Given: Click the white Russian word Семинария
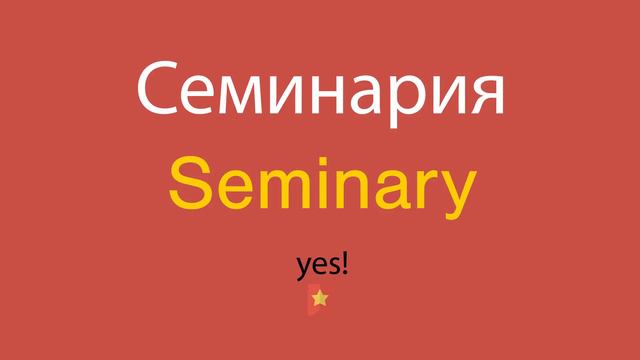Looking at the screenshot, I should coord(320,90).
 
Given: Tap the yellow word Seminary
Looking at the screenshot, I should coord(319,185).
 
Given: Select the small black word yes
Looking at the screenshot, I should coord(317,267).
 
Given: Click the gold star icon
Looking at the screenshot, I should coord(319,298).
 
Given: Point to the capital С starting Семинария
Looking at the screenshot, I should coord(160,90).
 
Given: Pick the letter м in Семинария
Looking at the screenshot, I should coord(246,96).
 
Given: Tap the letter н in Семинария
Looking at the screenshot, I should coord(335,96).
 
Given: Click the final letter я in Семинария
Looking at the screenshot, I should coord(484,96).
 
